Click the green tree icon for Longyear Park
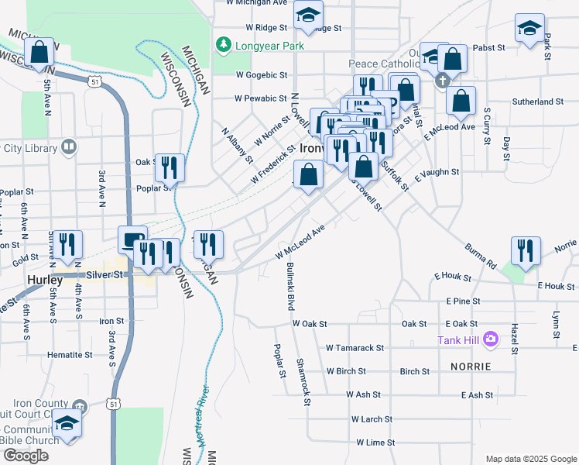click(x=224, y=46)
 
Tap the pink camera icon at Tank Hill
click(x=490, y=339)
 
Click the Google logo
click(x=26, y=455)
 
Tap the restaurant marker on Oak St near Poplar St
click(x=170, y=167)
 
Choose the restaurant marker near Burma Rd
click(x=526, y=250)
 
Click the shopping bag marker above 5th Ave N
click(x=39, y=53)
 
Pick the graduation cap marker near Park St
click(x=530, y=29)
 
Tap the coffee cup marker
click(x=132, y=239)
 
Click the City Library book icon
click(x=69, y=146)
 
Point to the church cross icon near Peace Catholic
click(x=444, y=81)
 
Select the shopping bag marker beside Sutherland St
click(x=461, y=101)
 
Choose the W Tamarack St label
click(x=355, y=349)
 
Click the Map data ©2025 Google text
click(x=530, y=459)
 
